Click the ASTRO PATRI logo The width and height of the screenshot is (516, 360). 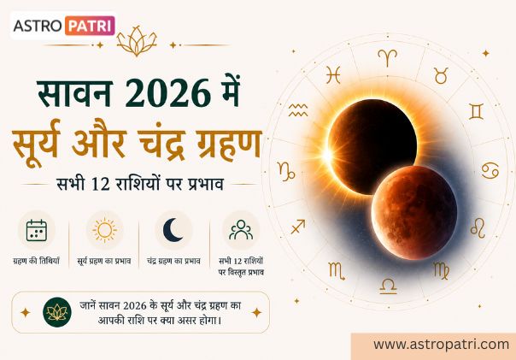pos(63,26)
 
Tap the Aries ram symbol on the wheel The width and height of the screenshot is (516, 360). pos(387,57)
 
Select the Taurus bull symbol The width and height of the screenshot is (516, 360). pos(441,76)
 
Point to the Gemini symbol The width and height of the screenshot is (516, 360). pos(476,111)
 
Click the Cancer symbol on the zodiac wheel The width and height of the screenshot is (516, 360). pos(490,171)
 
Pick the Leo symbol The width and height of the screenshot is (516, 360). pos(478,228)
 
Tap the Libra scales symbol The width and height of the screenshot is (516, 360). pos(389,286)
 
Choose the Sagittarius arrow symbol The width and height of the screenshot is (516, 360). pos(298,227)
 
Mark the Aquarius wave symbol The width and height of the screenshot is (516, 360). pos(298,110)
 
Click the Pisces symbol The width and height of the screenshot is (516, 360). pos(333,74)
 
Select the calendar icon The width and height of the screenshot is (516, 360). pos(37,230)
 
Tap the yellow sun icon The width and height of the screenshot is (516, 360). pos(104,230)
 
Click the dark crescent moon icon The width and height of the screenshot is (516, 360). pos(173,229)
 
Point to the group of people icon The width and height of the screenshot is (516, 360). pos(241,229)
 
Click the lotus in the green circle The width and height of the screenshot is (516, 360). pos(57,312)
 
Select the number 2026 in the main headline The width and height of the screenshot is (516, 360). pos(168,93)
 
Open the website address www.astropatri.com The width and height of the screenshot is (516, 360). pos(442,345)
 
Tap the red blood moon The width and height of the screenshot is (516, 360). pos(414,213)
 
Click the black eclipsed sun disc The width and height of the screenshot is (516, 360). pos(372,147)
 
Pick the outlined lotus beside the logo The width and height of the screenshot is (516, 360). pos(137,40)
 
